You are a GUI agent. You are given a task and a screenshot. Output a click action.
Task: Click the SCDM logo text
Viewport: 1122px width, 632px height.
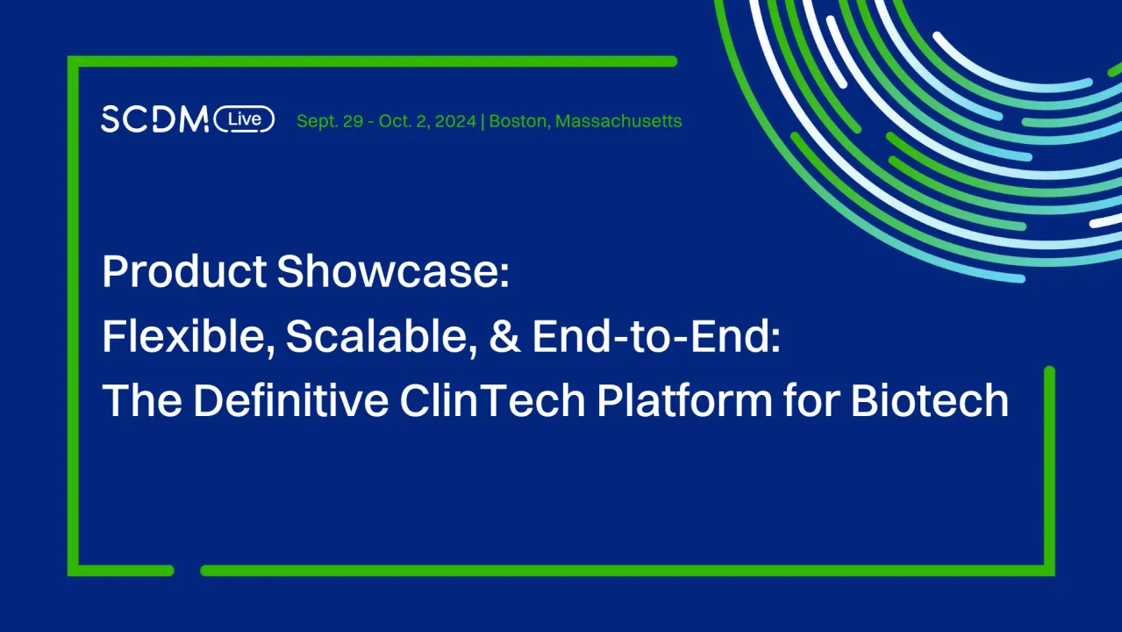(x=154, y=119)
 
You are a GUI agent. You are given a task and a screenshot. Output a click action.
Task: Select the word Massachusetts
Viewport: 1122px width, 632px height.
(x=618, y=121)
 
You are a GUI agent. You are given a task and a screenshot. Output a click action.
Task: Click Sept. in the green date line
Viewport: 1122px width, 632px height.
(x=317, y=121)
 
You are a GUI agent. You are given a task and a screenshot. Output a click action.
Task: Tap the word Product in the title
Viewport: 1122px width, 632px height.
(x=184, y=272)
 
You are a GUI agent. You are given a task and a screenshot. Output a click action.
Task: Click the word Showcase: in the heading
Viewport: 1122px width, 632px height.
(x=392, y=272)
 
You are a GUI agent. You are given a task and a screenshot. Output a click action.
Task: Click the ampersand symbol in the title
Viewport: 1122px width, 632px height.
(x=504, y=337)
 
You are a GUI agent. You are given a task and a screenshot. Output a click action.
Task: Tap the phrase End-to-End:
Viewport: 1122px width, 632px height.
(x=655, y=337)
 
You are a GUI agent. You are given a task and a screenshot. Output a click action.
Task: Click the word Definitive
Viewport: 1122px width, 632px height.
(x=291, y=402)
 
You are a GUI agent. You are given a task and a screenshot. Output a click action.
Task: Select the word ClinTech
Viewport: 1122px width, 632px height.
(x=492, y=402)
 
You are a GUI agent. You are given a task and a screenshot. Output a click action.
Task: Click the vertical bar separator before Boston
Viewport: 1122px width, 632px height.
(x=483, y=121)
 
